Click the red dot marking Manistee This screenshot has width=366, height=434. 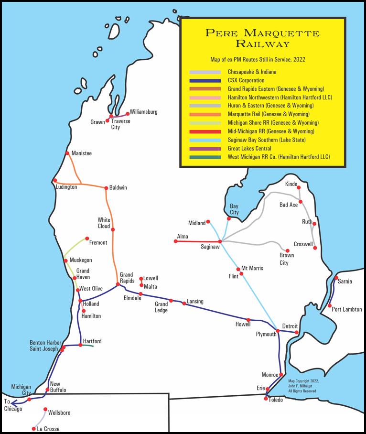(67, 153)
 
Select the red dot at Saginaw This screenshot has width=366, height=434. (220, 241)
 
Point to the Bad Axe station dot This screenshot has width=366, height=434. (301, 202)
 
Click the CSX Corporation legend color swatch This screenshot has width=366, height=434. (205, 80)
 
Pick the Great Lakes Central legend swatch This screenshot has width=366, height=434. (205, 149)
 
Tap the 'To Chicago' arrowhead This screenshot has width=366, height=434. (6, 402)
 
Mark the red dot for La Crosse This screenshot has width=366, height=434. (33, 429)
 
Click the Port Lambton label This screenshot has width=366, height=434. (346, 309)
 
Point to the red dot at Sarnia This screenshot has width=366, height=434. (336, 278)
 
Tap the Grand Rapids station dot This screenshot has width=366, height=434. (118, 284)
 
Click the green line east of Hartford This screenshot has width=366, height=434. (87, 345)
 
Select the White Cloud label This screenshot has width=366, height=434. (104, 223)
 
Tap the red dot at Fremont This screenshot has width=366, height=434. (87, 238)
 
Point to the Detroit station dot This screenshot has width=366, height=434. (297, 332)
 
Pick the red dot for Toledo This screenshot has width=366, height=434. (266, 399)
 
